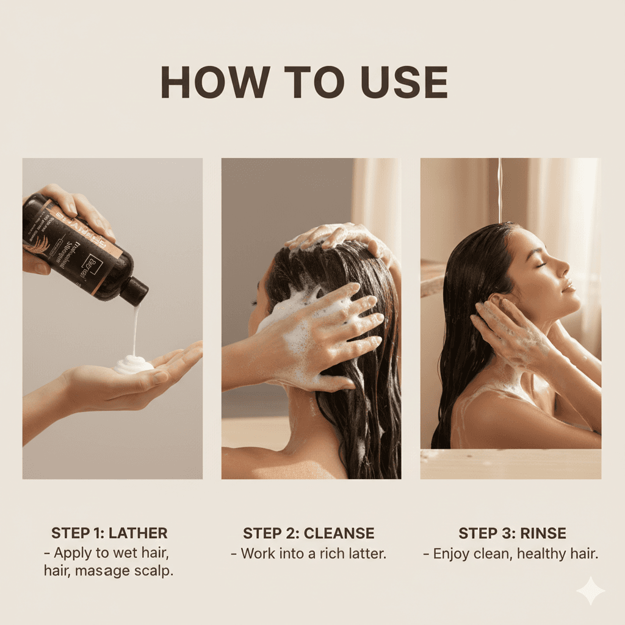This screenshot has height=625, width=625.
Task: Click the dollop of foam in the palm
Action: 133,364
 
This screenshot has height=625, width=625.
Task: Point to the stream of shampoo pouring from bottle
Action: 135,330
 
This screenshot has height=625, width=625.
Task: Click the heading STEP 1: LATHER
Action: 109,533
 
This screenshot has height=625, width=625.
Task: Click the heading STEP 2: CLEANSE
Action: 308,533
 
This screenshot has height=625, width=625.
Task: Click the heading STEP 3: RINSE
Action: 512,533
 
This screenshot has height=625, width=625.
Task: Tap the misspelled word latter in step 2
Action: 363,554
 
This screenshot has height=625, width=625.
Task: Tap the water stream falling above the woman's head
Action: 500,189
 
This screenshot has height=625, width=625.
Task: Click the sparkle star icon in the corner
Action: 590,590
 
